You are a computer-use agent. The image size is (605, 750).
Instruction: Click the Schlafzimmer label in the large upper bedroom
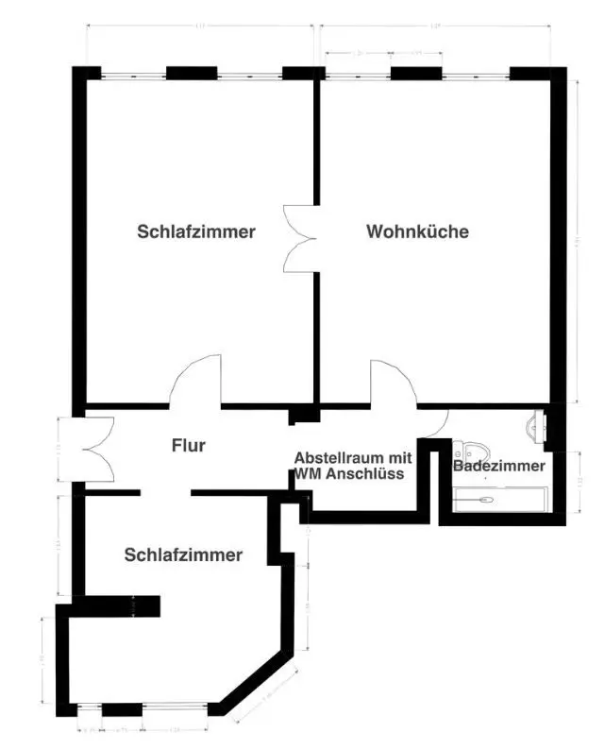click(195, 231)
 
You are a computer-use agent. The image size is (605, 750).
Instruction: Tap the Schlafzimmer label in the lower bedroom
click(183, 555)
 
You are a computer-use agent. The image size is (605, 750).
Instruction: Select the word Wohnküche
click(417, 231)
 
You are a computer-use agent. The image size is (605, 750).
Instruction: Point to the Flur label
click(189, 445)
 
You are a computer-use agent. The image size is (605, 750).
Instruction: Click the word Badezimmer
click(498, 466)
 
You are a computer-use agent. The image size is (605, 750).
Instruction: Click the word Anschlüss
click(363, 474)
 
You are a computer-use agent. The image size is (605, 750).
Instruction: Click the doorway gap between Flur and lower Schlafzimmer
click(166, 492)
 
